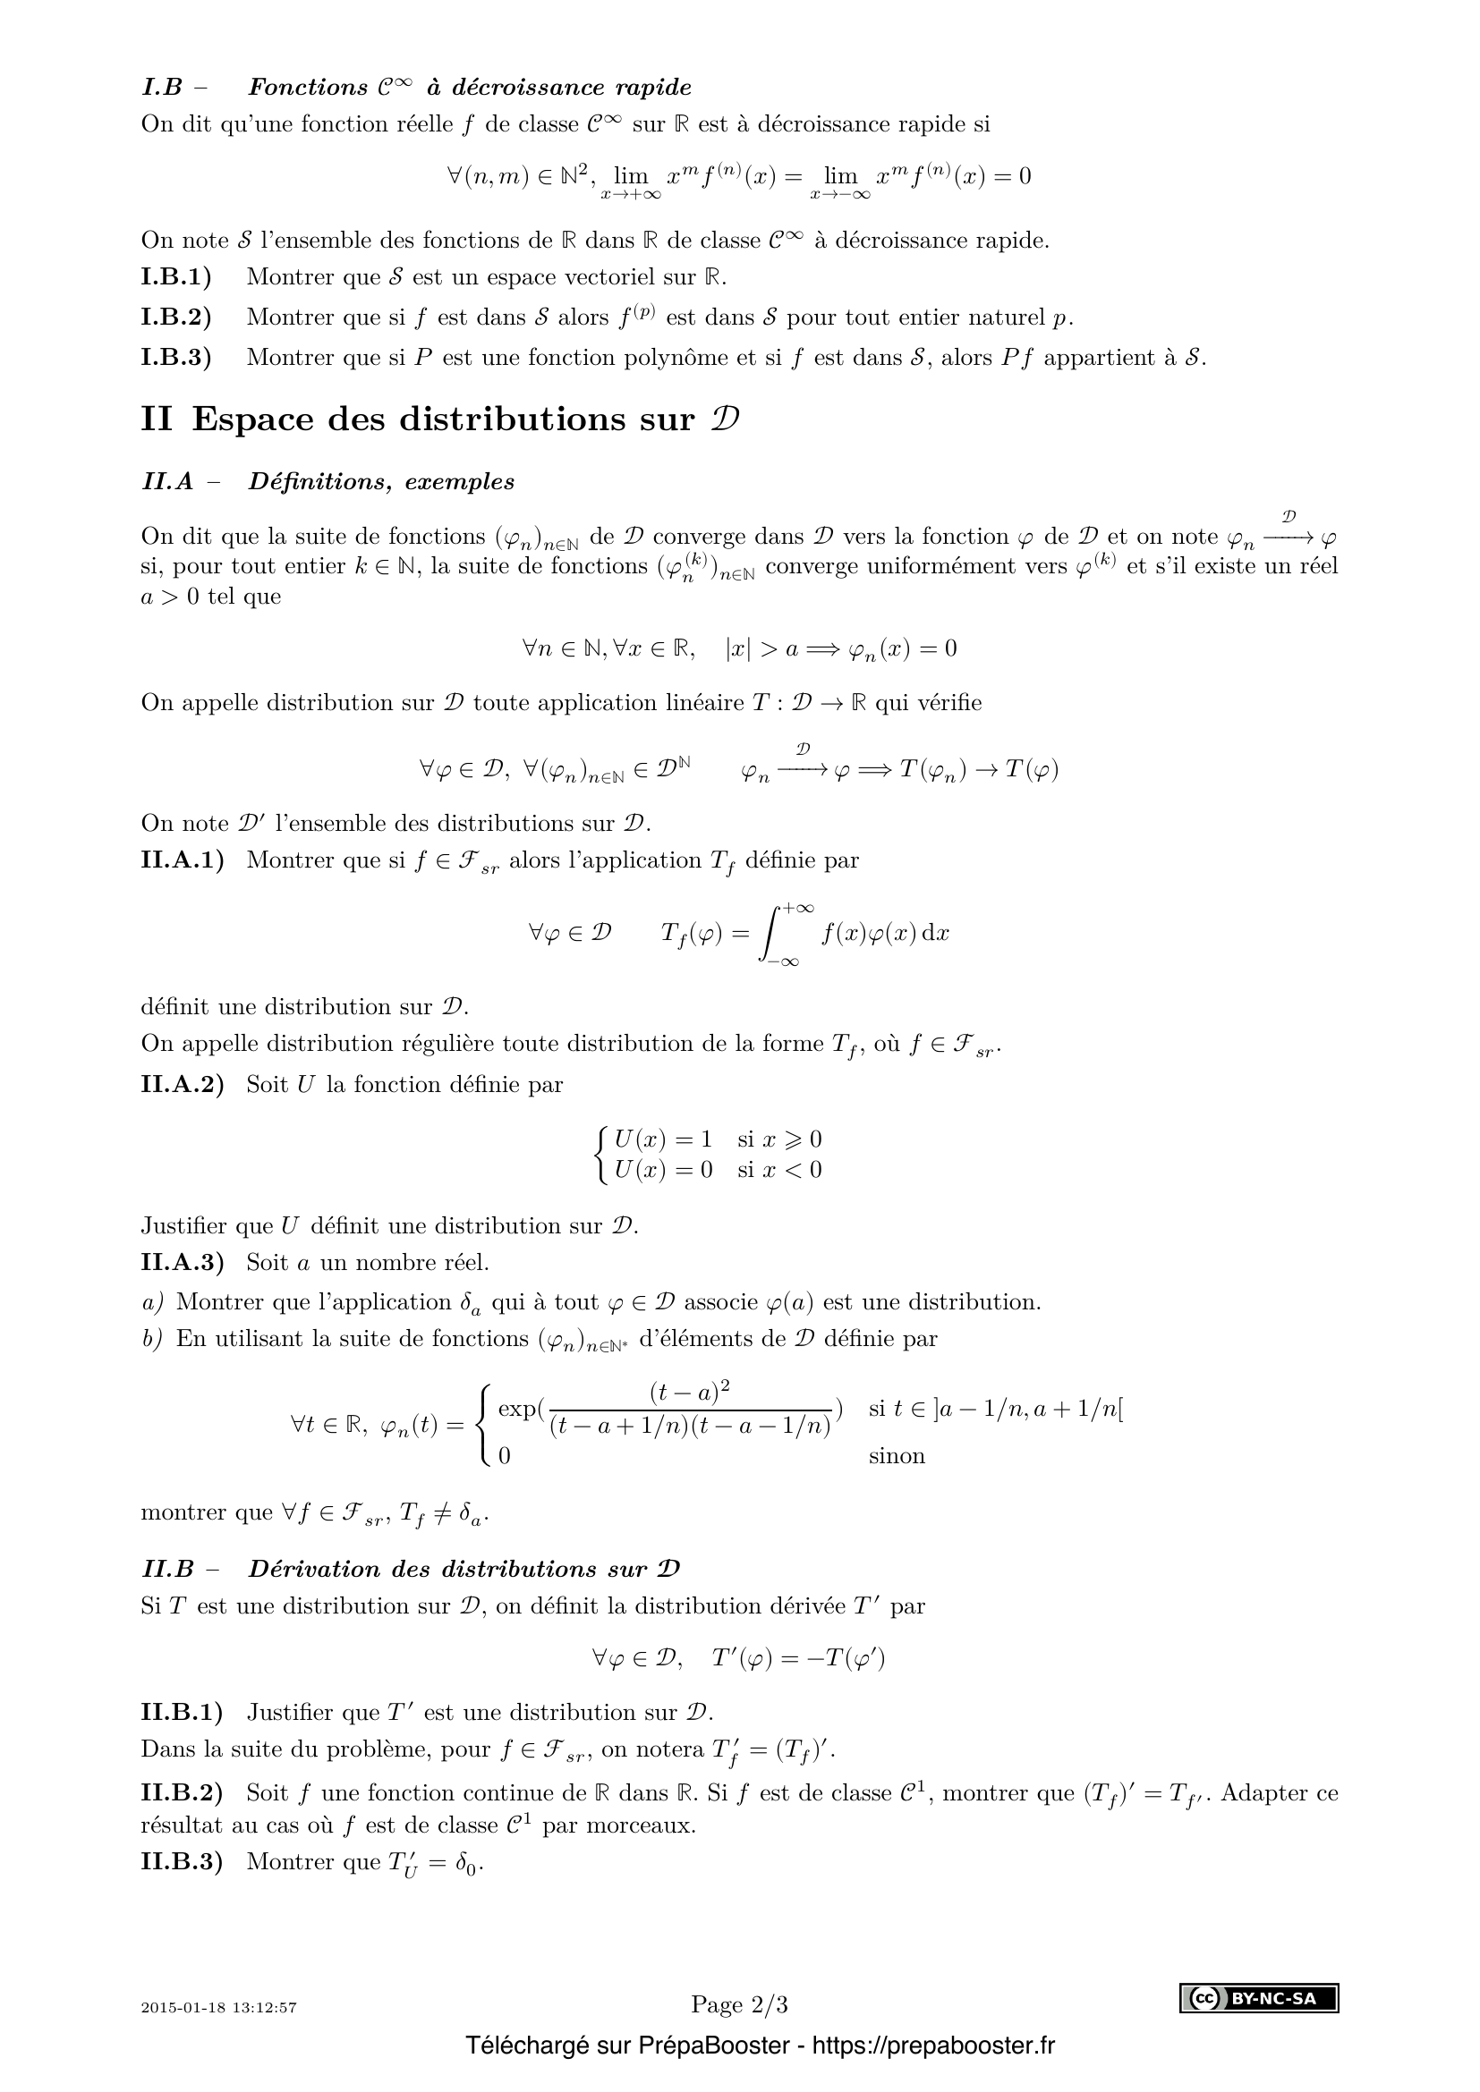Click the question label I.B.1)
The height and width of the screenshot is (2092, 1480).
(x=176, y=277)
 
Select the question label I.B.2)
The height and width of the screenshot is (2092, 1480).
(x=176, y=318)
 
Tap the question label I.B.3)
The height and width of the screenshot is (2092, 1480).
(x=176, y=357)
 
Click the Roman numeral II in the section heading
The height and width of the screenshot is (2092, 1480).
(x=157, y=419)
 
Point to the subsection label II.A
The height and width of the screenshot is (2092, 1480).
(x=167, y=482)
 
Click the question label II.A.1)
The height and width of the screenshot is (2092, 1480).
(x=183, y=860)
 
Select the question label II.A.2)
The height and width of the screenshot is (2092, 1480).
(x=183, y=1084)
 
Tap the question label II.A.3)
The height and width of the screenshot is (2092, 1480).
(x=183, y=1263)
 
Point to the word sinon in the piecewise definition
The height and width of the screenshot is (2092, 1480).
(x=896, y=1456)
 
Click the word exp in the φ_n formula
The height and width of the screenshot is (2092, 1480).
(x=517, y=1409)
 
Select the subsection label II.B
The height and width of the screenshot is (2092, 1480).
(x=167, y=1569)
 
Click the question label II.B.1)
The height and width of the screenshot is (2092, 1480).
(x=183, y=1713)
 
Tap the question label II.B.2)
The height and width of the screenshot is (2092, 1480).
(x=183, y=1793)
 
